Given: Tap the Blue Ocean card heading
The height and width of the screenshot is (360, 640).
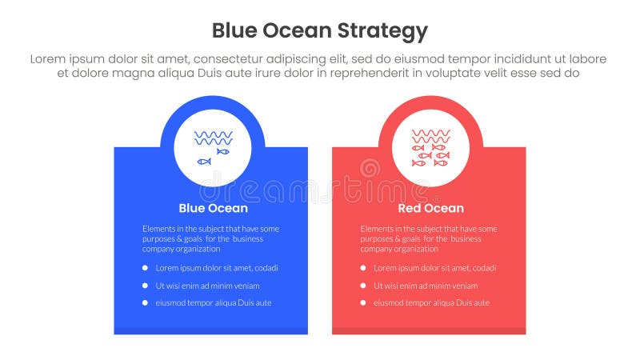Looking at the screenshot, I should pyautogui.click(x=213, y=208).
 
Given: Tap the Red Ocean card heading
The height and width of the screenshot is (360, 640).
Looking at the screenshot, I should pyautogui.click(x=430, y=208).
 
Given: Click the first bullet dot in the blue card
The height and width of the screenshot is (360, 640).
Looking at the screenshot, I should pyautogui.click(x=145, y=268).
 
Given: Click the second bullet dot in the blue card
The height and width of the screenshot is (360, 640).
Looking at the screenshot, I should pyautogui.click(x=145, y=286).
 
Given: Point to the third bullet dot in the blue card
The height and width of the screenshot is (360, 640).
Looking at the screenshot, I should pyautogui.click(x=145, y=303).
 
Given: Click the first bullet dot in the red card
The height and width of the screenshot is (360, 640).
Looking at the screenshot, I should pyautogui.click(x=363, y=268).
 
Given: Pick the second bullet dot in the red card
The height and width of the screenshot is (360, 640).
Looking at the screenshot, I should pyautogui.click(x=363, y=286).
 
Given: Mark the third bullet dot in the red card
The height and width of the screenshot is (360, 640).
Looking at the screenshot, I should pyautogui.click(x=363, y=303).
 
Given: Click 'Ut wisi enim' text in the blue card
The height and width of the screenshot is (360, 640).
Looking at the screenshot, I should pyautogui.click(x=207, y=286).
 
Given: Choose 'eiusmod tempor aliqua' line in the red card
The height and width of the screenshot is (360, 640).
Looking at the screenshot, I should pyautogui.click(x=431, y=303).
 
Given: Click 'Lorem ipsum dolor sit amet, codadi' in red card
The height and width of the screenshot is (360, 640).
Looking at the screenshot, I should pyautogui.click(x=434, y=268).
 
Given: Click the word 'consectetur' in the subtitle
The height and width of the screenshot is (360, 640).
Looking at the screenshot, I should pyautogui.click(x=233, y=59).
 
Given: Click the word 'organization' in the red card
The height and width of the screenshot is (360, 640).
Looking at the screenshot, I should pyautogui.click(x=417, y=249).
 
